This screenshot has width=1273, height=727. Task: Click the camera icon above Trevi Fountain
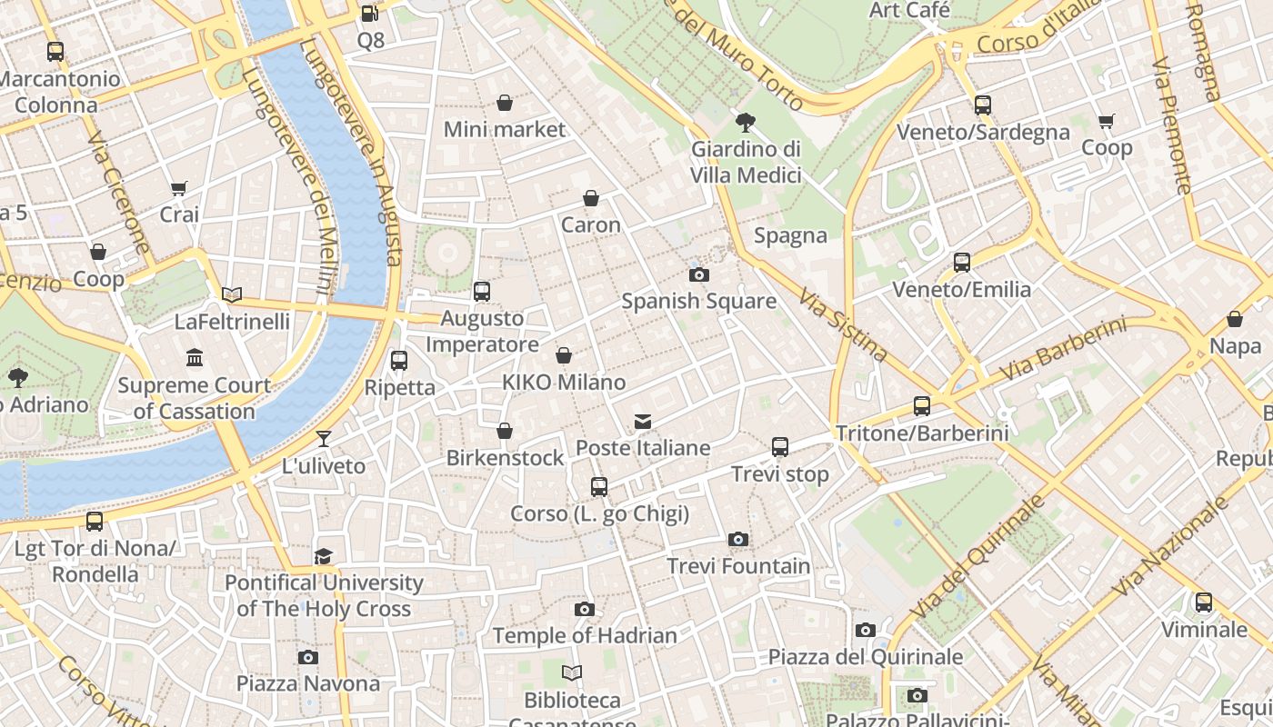[738, 540]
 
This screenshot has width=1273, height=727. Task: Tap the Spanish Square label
[698, 301]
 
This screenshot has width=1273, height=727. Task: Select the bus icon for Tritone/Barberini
[922, 406]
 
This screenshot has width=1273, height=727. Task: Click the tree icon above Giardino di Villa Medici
[746, 122]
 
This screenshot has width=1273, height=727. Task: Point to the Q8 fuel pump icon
[369, 14]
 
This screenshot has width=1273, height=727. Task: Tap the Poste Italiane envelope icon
[643, 422]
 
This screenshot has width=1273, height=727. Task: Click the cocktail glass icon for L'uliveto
[323, 440]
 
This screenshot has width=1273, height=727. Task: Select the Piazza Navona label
[308, 683]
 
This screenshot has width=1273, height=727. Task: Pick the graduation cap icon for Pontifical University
[323, 556]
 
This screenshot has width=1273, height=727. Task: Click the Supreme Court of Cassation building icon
[194, 358]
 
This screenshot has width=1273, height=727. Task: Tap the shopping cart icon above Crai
[179, 189]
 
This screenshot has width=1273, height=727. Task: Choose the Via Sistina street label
[842, 324]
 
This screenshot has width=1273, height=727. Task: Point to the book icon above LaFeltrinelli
[232, 294]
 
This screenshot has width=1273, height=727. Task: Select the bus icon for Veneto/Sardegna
[982, 105]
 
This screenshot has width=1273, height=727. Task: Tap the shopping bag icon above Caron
[591, 198]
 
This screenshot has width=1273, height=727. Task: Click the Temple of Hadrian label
[585, 635]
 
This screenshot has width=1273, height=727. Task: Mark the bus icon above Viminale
[1204, 603]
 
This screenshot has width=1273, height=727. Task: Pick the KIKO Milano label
[564, 383]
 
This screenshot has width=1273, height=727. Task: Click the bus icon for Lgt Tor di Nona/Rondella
[95, 522]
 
